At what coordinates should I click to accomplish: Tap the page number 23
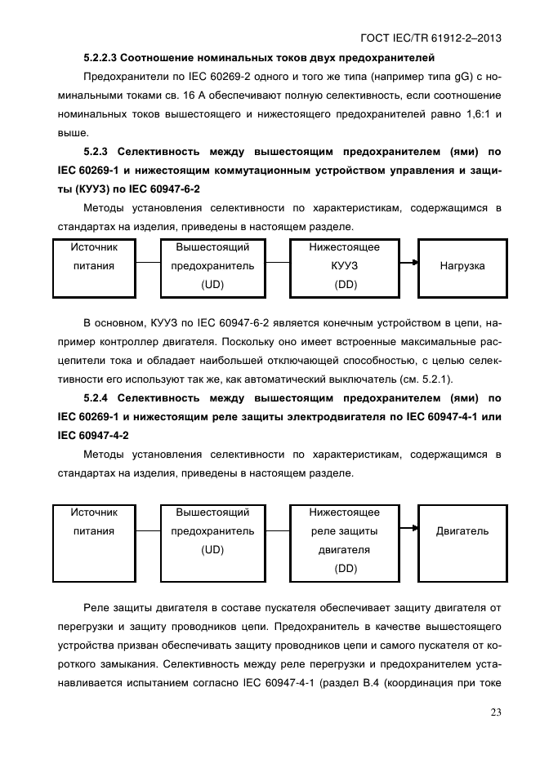[x=495, y=712]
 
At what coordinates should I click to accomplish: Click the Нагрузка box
[x=461, y=267]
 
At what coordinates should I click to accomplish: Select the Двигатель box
[x=461, y=531]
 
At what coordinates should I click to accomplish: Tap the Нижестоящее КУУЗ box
[x=344, y=267]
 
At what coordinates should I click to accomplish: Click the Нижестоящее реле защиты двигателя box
[x=344, y=540]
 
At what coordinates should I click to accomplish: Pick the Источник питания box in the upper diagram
[x=94, y=267]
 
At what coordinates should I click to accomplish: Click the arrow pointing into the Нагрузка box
[x=413, y=263]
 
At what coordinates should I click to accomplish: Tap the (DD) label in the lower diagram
[x=345, y=569]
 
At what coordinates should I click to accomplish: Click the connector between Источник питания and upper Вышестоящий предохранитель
[x=148, y=263]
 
